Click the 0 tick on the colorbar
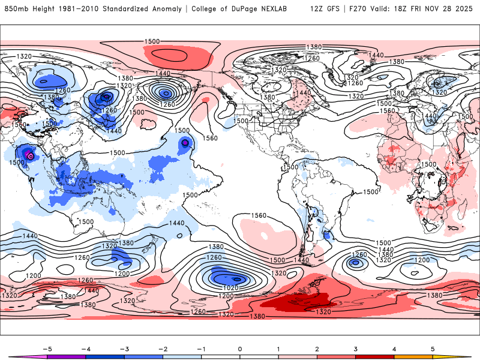click(240, 348)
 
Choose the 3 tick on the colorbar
click(356, 348)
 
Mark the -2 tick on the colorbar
click(163, 348)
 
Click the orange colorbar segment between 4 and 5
click(413, 356)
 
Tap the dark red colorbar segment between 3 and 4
click(375, 356)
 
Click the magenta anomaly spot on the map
click(31, 156)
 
